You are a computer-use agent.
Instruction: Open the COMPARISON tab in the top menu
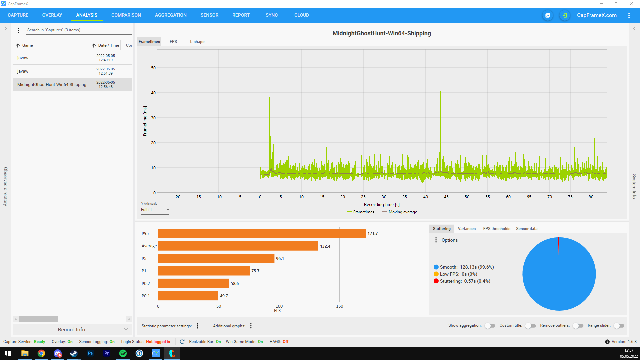click(126, 15)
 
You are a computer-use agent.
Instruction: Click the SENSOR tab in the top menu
click(209, 15)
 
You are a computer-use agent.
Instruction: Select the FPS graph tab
click(173, 42)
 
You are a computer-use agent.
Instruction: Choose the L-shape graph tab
click(197, 42)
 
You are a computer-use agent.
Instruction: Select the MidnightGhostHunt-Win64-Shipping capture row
click(72, 85)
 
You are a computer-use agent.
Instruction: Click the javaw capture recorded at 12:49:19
click(72, 58)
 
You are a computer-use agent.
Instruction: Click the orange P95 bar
click(262, 234)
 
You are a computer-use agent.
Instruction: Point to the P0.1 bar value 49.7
click(224, 296)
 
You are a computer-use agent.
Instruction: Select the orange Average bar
click(238, 246)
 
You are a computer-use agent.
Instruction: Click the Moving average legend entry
click(399, 212)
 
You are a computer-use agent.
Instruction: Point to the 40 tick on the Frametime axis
click(153, 93)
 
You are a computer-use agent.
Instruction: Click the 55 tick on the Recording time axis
click(488, 197)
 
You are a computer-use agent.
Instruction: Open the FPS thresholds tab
click(497, 229)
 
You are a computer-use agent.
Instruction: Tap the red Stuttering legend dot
click(436, 281)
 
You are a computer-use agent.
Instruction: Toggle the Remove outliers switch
click(578, 326)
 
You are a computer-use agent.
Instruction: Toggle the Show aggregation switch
click(490, 326)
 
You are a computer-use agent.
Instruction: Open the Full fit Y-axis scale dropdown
click(155, 210)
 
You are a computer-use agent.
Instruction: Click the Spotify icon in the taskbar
click(123, 353)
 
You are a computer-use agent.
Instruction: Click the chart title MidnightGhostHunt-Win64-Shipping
click(382, 33)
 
